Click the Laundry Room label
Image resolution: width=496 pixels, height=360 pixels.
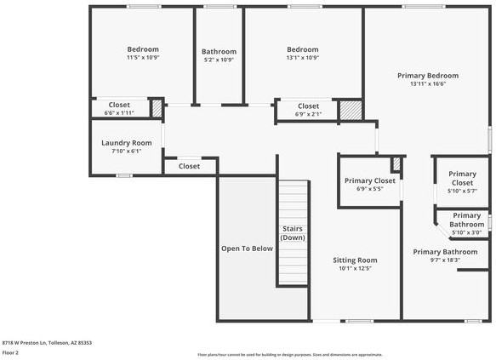(x=126, y=143)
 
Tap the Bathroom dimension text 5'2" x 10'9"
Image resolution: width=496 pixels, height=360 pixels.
(x=218, y=60)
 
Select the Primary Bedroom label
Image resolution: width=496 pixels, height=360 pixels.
(x=428, y=75)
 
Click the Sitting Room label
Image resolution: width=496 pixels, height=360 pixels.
(x=355, y=260)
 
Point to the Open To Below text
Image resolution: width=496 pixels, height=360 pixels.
(x=247, y=249)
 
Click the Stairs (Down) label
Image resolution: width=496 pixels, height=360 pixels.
(x=293, y=233)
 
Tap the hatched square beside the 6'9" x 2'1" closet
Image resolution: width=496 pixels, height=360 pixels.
(x=350, y=110)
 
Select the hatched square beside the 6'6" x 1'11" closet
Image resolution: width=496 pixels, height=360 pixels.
(x=157, y=108)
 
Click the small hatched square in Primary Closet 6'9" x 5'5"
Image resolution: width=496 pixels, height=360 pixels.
(x=396, y=163)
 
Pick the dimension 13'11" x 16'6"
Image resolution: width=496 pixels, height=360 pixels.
(x=428, y=84)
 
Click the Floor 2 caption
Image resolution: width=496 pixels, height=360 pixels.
(x=11, y=351)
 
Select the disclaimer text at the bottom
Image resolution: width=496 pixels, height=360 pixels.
(x=289, y=355)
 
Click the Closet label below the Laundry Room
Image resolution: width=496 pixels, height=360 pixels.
(x=189, y=166)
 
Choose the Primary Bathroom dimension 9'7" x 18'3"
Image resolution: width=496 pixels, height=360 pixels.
(x=445, y=261)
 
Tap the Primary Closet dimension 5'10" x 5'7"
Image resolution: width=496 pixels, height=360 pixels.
(x=462, y=191)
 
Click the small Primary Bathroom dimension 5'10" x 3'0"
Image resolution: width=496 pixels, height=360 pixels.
(x=465, y=232)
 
